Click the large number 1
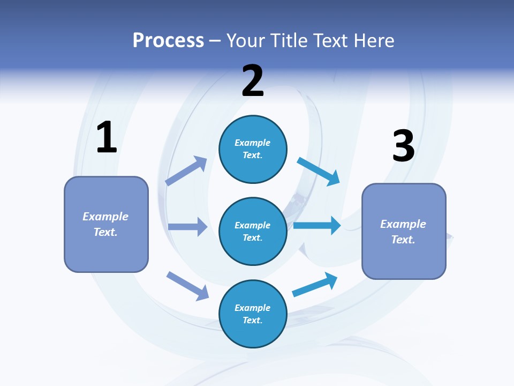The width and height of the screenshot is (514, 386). point(107,138)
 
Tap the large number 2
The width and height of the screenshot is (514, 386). point(253,81)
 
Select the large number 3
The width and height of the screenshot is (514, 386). point(403,146)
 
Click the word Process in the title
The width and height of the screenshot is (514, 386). point(168,40)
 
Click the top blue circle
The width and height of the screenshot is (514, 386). point(253,149)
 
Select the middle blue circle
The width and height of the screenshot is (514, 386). point(253,231)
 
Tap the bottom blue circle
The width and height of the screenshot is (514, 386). point(253,314)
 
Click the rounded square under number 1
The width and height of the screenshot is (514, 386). point(106,224)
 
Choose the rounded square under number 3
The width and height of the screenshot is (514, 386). point(404,232)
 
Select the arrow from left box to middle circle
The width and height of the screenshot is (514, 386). point(188,227)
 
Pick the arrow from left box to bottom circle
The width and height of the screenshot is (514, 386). point(188,286)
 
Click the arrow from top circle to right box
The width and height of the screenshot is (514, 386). point(319,171)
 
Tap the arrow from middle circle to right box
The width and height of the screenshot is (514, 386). point(317,225)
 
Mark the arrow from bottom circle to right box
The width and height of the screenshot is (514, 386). point(315,284)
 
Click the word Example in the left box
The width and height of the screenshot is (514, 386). point(105,217)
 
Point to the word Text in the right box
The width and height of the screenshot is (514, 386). point(403,240)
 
